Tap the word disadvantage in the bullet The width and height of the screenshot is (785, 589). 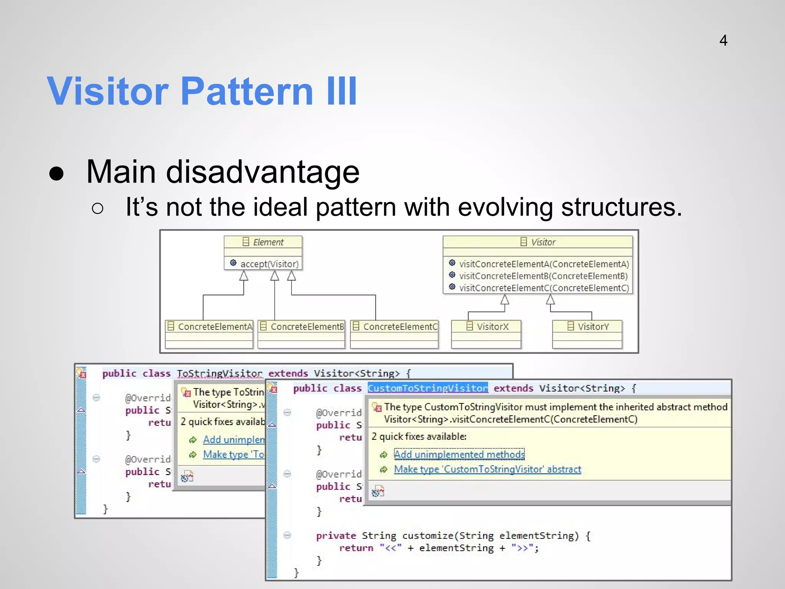tap(263, 172)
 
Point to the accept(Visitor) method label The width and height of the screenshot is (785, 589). tap(269, 264)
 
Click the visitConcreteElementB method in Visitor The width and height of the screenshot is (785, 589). tap(543, 276)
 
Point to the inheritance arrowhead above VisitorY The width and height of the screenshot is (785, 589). tap(550, 299)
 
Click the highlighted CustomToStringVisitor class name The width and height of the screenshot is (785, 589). tap(428, 388)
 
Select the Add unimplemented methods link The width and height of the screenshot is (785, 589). tap(459, 454)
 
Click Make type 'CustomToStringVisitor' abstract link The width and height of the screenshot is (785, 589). tap(487, 469)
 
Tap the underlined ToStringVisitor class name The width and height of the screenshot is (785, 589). tap(220, 373)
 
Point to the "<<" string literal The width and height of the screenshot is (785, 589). tap(391, 548)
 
